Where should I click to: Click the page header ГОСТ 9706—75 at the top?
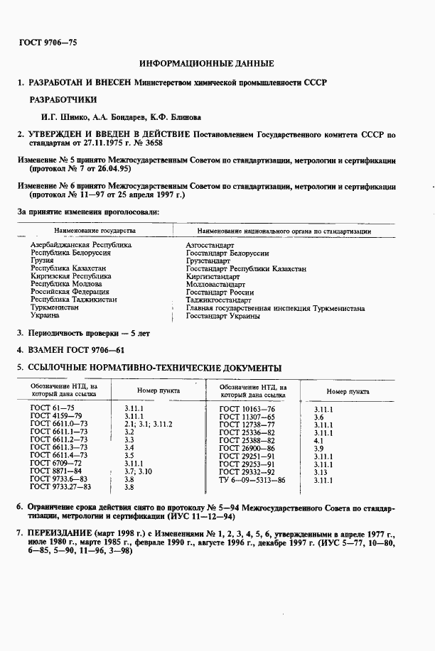(47, 43)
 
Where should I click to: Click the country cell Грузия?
(41, 261)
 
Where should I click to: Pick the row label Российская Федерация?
(70, 292)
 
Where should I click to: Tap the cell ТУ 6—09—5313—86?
(252, 480)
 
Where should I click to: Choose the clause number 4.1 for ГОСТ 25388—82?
(318, 440)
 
